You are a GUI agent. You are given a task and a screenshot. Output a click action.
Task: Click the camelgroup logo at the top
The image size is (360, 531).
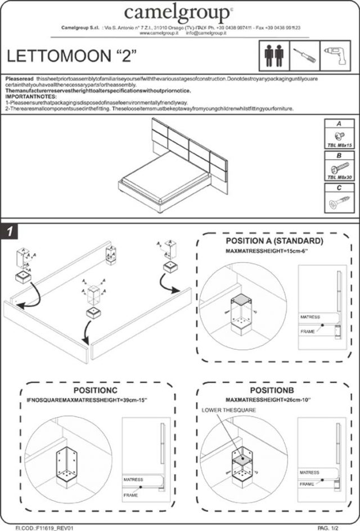coord(178,12)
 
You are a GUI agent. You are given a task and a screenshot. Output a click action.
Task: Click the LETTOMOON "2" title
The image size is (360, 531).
coord(71,56)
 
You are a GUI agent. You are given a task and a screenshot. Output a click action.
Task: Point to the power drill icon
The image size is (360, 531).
coord(334,55)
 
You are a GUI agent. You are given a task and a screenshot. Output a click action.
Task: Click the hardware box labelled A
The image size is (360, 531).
coord(339,133)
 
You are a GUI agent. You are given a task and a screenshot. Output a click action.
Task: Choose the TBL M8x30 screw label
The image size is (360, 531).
coord(339,177)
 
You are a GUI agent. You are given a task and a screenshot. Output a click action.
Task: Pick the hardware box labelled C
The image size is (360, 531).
coord(339,198)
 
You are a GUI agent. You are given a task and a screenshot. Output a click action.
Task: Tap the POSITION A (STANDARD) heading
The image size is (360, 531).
coord(274,241)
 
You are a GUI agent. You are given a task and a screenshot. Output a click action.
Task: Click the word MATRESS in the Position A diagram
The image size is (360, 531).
coord(310,317)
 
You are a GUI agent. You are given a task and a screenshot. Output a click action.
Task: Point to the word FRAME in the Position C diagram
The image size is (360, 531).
coord(130,495)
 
